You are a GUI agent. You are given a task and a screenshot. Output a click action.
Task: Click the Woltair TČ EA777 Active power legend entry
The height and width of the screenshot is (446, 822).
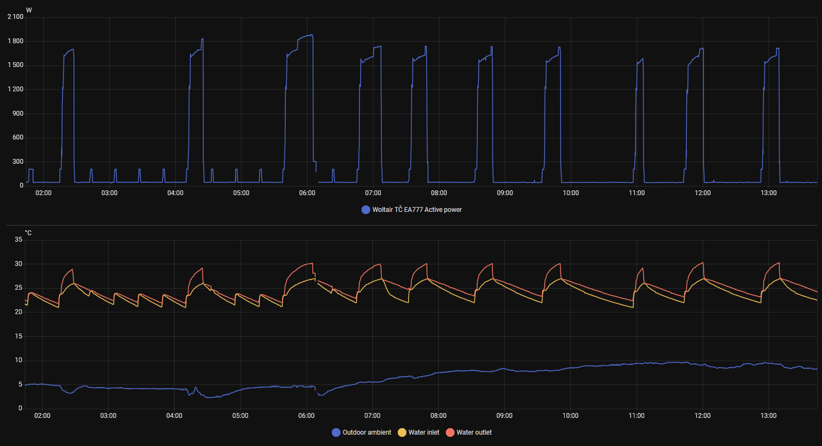(412, 210)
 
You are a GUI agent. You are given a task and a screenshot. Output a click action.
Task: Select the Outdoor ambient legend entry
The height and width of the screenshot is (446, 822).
(362, 432)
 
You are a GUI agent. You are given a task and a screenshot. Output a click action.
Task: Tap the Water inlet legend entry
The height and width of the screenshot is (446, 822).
(419, 432)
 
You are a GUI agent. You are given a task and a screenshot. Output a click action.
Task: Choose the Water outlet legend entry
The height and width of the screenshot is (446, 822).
(469, 432)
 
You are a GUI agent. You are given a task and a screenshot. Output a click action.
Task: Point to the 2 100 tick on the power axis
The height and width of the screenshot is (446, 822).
(16, 17)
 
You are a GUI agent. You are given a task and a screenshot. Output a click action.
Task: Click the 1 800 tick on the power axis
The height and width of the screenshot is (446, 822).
(16, 41)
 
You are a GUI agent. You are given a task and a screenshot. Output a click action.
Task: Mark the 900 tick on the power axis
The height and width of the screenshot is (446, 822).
(18, 114)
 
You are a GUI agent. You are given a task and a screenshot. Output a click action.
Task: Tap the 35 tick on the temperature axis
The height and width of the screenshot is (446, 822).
(18, 239)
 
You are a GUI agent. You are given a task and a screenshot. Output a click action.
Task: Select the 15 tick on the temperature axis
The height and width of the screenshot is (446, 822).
(18, 336)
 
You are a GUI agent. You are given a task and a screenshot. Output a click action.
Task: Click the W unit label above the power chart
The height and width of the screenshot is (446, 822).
(29, 10)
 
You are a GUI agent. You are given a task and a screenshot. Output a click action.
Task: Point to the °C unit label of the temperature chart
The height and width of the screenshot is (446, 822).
(28, 233)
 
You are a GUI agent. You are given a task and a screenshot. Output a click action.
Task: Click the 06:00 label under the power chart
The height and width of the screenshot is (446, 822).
(307, 193)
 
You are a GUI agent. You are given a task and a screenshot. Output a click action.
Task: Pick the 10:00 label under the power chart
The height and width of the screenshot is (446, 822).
(571, 193)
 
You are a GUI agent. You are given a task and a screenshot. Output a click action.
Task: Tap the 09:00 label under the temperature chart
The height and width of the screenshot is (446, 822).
(504, 416)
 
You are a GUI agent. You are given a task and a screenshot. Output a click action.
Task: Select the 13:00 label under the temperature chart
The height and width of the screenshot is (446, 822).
(768, 416)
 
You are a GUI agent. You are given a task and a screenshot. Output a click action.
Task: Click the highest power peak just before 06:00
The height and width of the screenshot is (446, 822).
(311, 35)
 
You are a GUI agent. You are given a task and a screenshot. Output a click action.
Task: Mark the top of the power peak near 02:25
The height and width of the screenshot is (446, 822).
(72, 49)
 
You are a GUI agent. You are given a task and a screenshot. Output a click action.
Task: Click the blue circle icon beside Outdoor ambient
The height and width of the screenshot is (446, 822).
(336, 432)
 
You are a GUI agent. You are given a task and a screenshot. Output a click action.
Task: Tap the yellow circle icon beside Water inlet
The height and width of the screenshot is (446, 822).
(402, 432)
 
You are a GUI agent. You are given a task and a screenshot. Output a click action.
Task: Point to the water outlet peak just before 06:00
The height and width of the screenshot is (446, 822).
(312, 263)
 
